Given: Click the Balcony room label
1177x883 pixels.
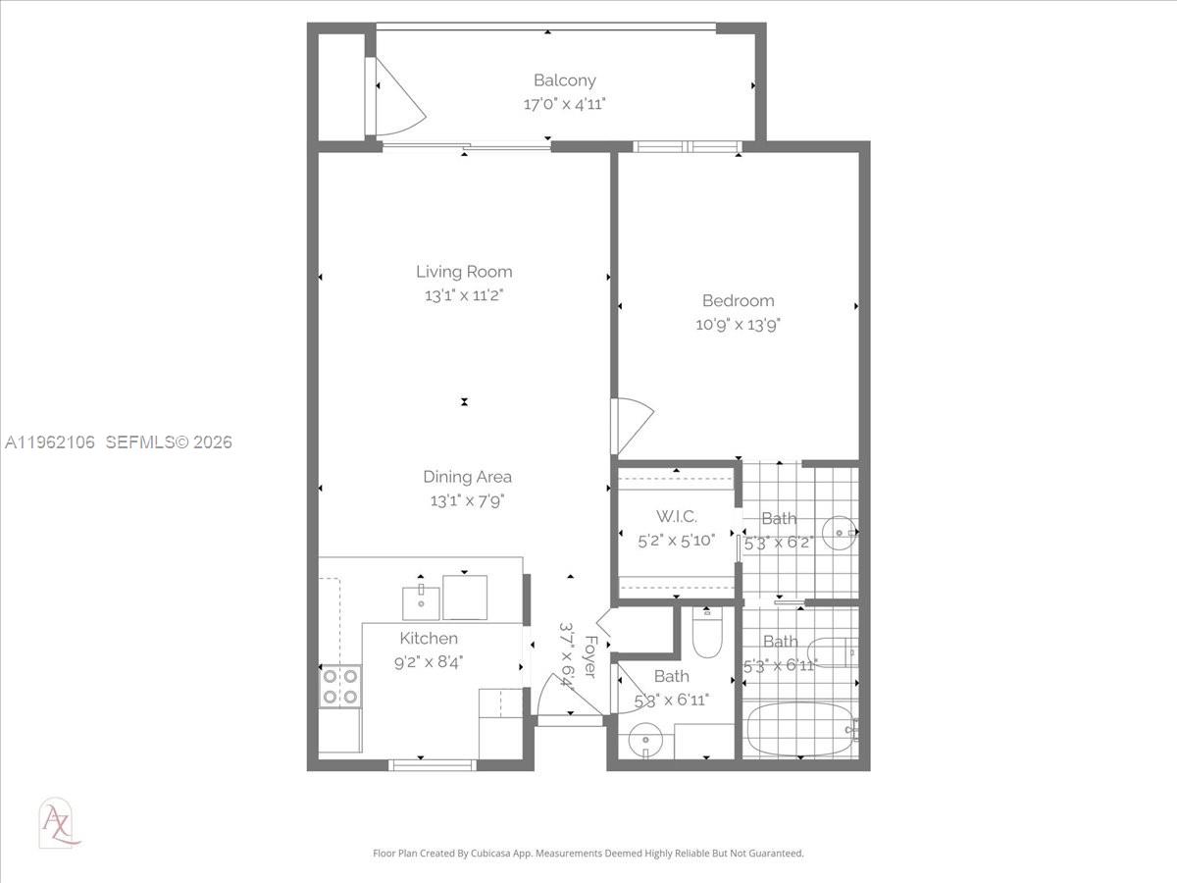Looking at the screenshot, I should point(564,80).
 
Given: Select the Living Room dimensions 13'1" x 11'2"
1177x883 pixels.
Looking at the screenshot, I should point(464,294).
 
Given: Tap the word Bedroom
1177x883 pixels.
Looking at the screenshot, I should point(738,301).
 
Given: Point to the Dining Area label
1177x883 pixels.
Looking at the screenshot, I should point(467,477).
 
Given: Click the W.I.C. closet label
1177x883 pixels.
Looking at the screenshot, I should point(676,516).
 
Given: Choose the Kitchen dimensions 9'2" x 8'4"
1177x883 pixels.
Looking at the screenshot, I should point(428,662).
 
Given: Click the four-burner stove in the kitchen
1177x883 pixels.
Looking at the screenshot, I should point(339,686).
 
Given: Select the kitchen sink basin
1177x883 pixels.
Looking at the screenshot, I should point(420,600).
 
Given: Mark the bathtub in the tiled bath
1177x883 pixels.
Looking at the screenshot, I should point(799,728).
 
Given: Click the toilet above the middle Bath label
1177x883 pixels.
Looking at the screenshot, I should point(706,633).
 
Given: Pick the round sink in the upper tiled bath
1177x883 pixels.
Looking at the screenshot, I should point(840,533).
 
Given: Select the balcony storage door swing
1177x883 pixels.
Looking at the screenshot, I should point(397,96).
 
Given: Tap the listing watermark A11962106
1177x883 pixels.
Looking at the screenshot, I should point(50,442).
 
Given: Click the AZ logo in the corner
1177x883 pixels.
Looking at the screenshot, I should point(58,822).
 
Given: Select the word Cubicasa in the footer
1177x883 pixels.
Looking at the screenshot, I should point(504,854).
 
